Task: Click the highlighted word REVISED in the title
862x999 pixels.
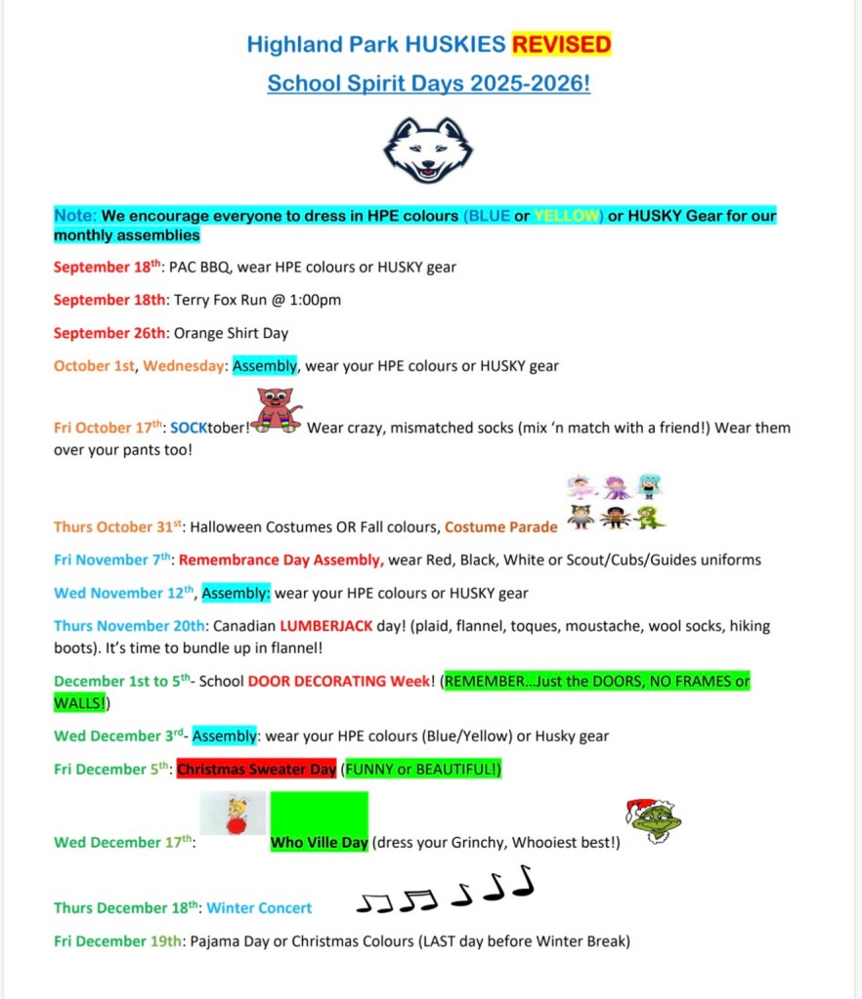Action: tap(561, 44)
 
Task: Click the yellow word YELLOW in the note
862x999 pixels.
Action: tap(568, 216)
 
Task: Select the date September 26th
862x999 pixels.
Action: tap(109, 333)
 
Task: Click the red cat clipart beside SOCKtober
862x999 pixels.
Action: tap(277, 409)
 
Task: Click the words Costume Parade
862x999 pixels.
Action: tap(500, 527)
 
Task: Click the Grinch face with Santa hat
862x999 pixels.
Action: tap(653, 821)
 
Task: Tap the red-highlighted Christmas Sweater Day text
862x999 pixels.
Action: tap(256, 770)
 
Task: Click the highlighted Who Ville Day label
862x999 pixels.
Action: tap(319, 842)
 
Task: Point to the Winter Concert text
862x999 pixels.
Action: tap(259, 908)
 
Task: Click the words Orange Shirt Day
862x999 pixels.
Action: tap(231, 333)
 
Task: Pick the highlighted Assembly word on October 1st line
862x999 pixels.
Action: tap(264, 366)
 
